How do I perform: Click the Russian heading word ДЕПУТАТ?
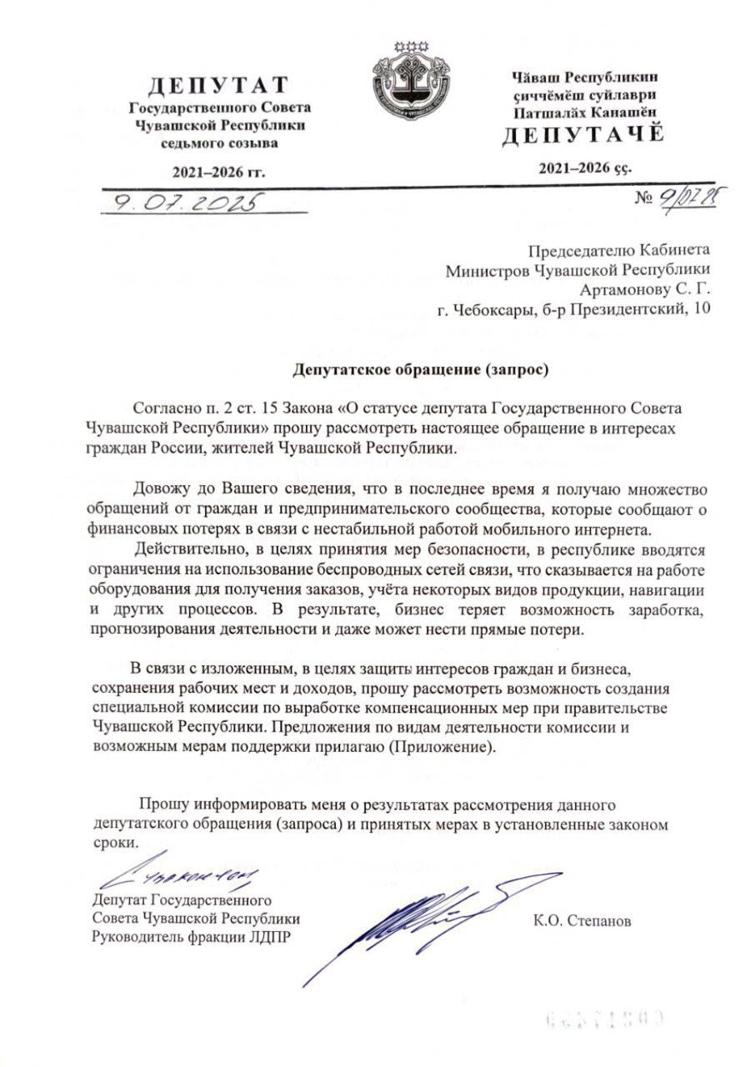tap(218, 85)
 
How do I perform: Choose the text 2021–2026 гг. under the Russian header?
tap(218, 173)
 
